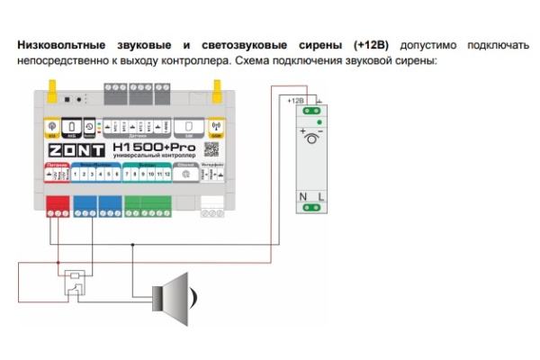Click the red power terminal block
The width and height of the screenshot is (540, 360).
[x=58, y=207]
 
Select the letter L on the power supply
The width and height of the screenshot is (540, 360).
[x=320, y=195]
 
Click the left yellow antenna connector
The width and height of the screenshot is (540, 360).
[x=53, y=89]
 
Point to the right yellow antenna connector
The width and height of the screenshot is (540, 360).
[x=216, y=89]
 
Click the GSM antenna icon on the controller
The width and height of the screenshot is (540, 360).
[x=216, y=126]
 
